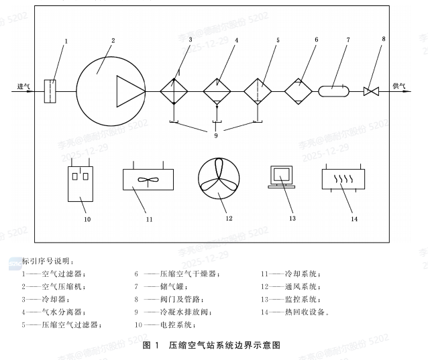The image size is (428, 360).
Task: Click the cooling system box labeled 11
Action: coord(149,180)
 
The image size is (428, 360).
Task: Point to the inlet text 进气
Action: coord(23,86)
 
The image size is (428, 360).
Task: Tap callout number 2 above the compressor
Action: coord(113,41)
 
